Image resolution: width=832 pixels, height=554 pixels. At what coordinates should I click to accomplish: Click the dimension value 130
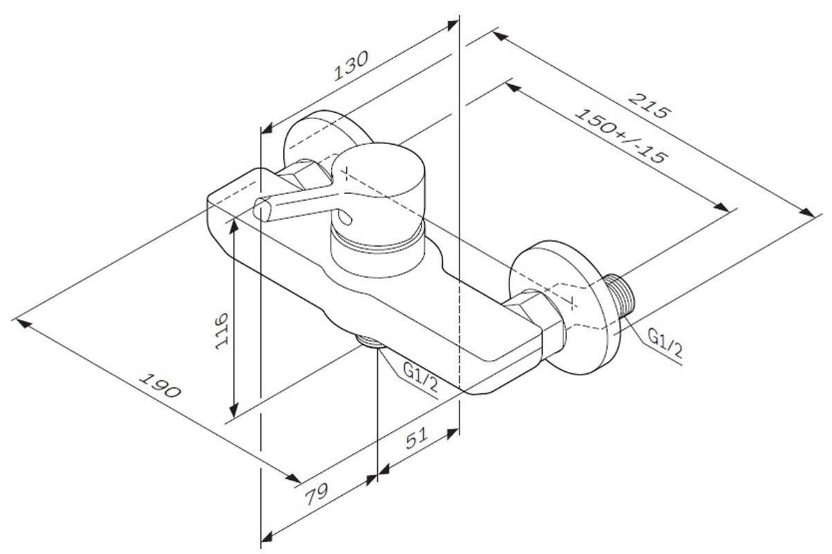click(351, 66)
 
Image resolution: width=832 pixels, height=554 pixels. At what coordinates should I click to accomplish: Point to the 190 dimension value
click(160, 385)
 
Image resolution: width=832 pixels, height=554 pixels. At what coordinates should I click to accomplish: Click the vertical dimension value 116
click(222, 331)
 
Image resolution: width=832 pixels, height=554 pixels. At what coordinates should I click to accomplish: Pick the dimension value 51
click(417, 438)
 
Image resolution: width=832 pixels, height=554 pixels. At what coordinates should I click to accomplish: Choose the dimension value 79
click(316, 495)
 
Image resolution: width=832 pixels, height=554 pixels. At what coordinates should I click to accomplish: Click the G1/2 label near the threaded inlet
click(665, 343)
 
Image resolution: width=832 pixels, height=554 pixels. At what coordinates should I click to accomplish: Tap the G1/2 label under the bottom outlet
click(420, 377)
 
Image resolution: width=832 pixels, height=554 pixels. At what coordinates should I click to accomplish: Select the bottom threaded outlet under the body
click(371, 341)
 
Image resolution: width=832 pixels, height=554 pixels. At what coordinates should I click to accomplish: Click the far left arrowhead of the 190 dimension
click(23, 323)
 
